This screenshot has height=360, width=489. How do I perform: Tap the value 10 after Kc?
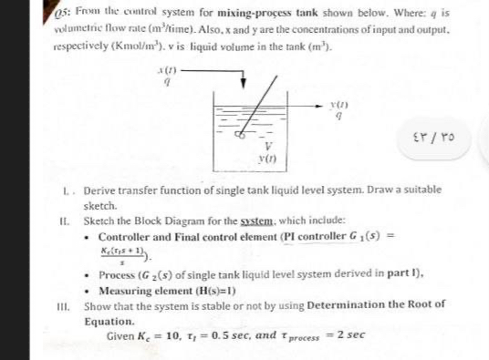click(175, 336)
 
